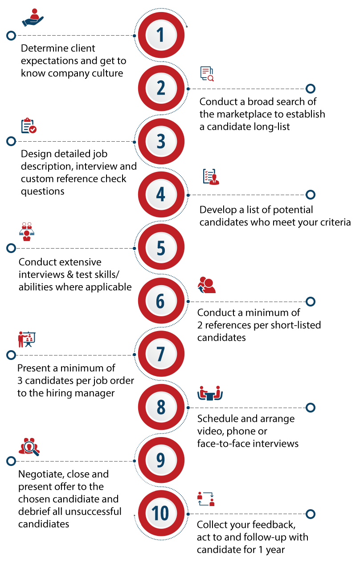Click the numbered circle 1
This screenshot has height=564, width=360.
point(161,35)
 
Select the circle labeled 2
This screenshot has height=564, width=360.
point(161,88)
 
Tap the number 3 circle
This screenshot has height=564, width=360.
point(161,141)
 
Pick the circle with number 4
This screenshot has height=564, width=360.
point(161,195)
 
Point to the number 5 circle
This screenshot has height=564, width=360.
point(161,248)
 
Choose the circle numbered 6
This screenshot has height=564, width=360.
point(161,301)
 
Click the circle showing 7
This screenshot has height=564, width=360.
point(161,354)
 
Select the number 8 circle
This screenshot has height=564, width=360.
point(161,407)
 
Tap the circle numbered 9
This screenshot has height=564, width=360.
point(161,460)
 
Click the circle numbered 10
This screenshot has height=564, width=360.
point(161,513)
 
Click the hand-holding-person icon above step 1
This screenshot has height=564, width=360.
point(33,18)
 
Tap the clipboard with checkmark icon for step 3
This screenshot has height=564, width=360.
point(29,125)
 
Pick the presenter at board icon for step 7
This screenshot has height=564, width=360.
point(27,339)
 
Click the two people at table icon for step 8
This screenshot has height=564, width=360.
point(210,393)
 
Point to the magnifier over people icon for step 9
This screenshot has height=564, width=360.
point(29,446)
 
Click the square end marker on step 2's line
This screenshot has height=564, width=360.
point(311,88)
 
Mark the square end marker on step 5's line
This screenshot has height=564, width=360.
point(11,248)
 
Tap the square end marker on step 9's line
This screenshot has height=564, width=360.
point(11,461)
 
